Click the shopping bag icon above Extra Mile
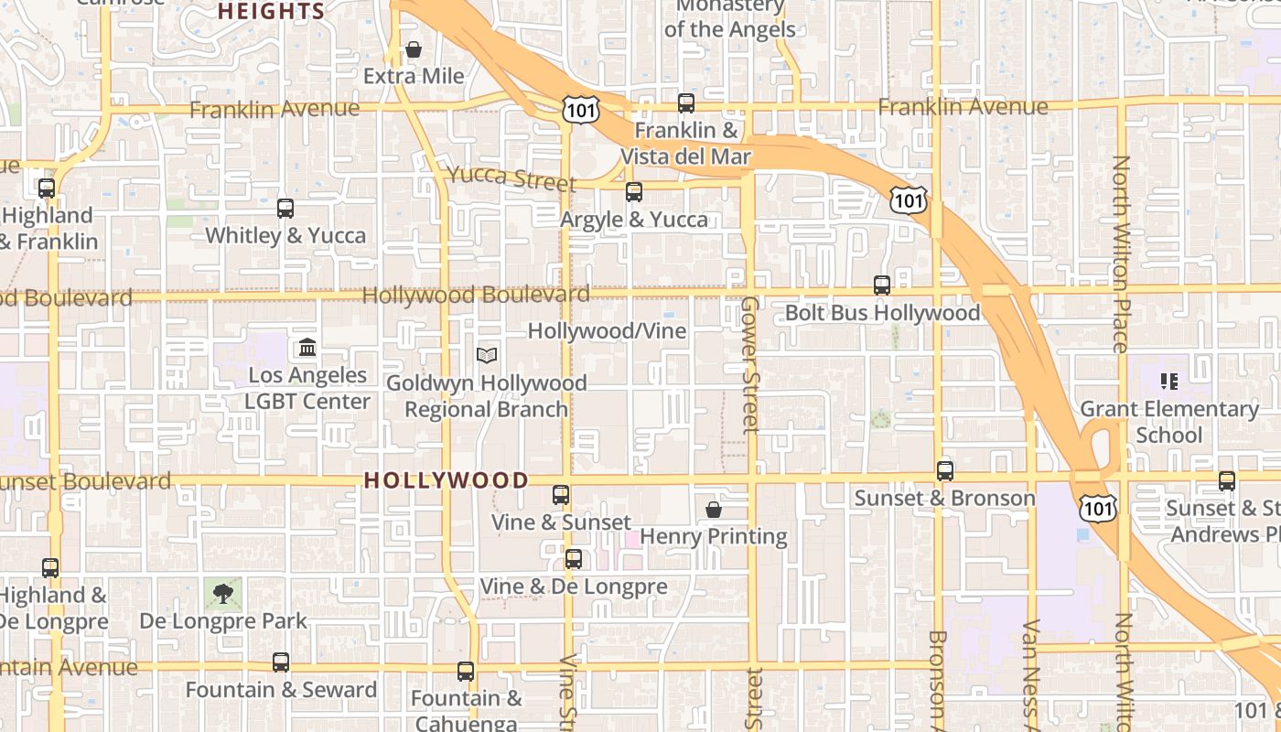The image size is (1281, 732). coord(414,49)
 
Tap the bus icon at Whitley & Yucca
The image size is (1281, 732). coord(285,209)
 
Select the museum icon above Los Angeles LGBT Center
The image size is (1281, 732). coord(307,348)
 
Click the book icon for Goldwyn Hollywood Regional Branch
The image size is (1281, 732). coord(487,355)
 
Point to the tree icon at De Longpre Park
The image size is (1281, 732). coord(222,594)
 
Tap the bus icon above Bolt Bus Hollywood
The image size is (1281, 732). coord(882,285)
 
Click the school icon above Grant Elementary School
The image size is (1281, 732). coord(1168,381)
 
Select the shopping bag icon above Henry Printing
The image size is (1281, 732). coord(714,510)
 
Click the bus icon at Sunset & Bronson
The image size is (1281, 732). coord(945,471)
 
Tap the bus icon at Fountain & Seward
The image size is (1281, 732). coord(281,662)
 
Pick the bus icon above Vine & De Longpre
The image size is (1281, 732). coord(574,559)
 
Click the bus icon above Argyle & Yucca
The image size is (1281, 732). coord(634,192)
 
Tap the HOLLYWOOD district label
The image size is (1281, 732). coord(447,480)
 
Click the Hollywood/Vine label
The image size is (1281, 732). coord(607,330)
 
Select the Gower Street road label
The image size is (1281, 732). coord(750,363)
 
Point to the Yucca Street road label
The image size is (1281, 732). coord(511,178)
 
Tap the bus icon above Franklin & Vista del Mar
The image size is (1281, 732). coord(686,103)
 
